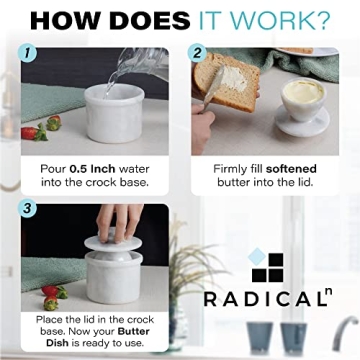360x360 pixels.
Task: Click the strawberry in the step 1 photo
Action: (33, 131)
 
